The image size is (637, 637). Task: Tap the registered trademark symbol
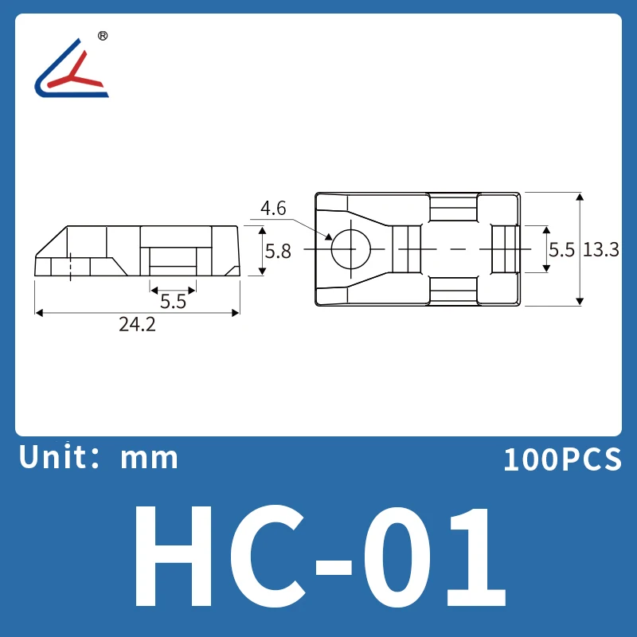(x=102, y=36)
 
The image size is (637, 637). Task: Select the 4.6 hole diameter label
(x=273, y=209)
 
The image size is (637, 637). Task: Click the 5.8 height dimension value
(x=278, y=251)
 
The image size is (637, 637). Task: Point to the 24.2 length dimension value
(x=137, y=326)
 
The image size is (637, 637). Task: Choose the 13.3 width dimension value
(x=601, y=249)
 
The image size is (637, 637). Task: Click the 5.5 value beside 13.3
(x=561, y=249)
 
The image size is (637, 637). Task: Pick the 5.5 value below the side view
(x=173, y=301)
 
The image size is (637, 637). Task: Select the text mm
(x=150, y=458)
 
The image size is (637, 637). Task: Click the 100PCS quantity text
(x=561, y=459)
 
